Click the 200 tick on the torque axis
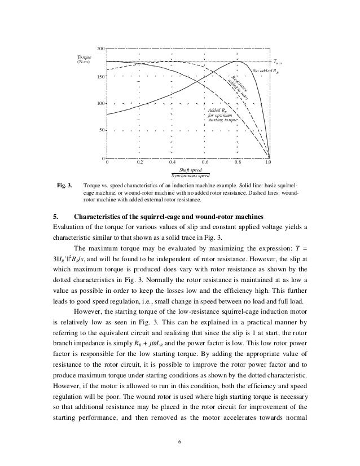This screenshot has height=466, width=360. [x=100, y=49]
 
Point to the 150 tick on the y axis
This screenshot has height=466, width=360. [x=100, y=76]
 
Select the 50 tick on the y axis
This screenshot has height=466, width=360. [x=102, y=130]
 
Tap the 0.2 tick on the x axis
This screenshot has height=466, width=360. [x=139, y=162]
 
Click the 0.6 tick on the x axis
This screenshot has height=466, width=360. [x=204, y=162]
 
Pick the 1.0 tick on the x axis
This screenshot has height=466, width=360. [x=269, y=162]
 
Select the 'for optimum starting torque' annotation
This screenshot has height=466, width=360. [x=223, y=117]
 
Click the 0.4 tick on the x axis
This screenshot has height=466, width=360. [x=172, y=162]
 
